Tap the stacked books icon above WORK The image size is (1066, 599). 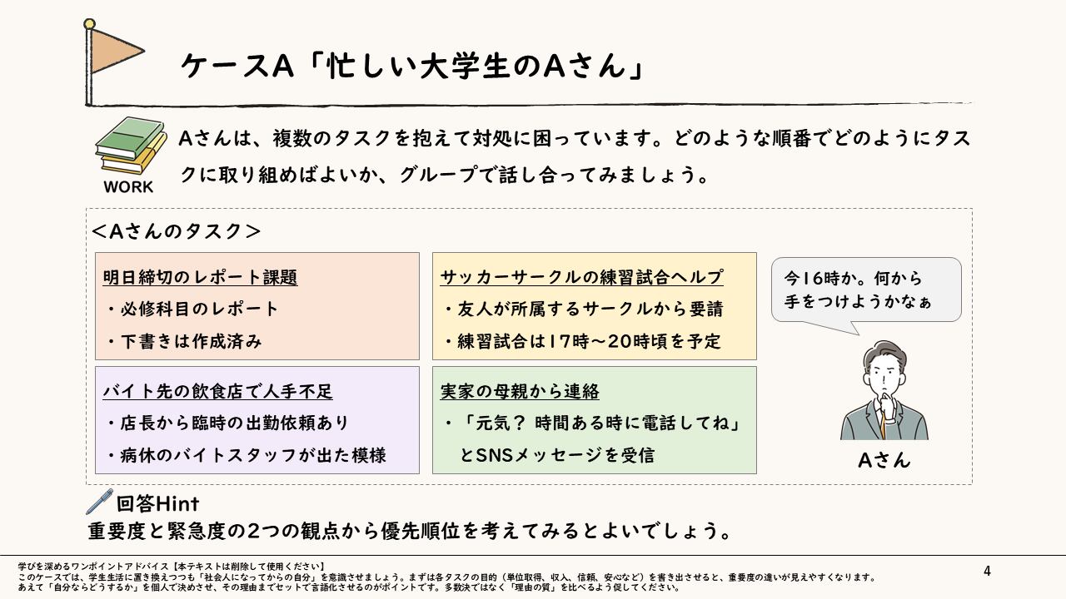pos(130,146)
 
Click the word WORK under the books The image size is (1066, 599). pos(128,187)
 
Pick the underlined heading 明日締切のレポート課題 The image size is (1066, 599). pos(200,277)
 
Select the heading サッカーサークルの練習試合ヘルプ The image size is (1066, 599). pos(581,277)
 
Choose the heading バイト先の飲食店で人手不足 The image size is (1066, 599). pos(217,391)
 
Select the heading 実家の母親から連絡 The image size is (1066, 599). pos(520,391)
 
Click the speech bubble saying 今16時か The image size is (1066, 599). pos(866,290)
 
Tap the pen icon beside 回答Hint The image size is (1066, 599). pos(99,502)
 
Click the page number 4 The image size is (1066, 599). pos(987,571)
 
